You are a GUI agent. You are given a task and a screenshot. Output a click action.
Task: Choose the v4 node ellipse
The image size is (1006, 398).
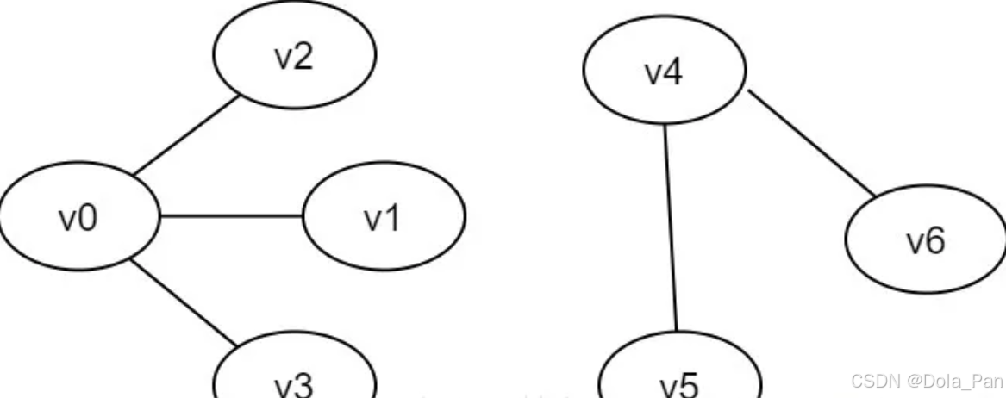click(665, 73)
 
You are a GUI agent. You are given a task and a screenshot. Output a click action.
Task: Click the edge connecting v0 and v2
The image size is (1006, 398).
click(185, 134)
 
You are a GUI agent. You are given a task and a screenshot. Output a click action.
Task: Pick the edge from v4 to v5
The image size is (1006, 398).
click(670, 228)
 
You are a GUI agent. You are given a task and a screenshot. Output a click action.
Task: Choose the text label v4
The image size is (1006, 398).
click(664, 74)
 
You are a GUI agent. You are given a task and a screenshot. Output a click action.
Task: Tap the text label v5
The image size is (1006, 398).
click(680, 386)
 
